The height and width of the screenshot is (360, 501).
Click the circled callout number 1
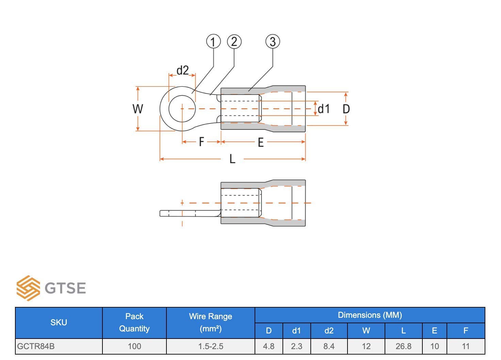pyautogui.click(x=213, y=42)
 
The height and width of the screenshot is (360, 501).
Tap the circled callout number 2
pyautogui.click(x=234, y=42)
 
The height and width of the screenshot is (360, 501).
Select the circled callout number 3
pyautogui.click(x=273, y=42)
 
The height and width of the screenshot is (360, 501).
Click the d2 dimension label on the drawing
pyautogui.click(x=182, y=70)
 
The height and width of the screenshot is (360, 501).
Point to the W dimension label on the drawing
pyautogui.click(x=138, y=109)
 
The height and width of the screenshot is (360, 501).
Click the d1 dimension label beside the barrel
pyautogui.click(x=324, y=109)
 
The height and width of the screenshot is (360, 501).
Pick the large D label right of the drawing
pyautogui.click(x=346, y=109)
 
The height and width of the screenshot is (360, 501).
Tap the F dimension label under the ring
pyautogui.click(x=201, y=142)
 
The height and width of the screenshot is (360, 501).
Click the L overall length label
pyautogui.click(x=232, y=159)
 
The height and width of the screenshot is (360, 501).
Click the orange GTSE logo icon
pyautogui.click(x=28, y=288)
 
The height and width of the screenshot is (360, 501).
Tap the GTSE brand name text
pyautogui.click(x=65, y=288)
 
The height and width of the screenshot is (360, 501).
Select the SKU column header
pyautogui.click(x=59, y=323)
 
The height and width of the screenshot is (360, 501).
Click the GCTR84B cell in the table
pyautogui.click(x=36, y=346)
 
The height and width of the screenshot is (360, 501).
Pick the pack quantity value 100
pyautogui.click(x=134, y=346)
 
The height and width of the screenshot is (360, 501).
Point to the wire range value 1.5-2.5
pyautogui.click(x=211, y=346)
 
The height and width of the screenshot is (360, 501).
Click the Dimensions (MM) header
pyautogui.click(x=370, y=315)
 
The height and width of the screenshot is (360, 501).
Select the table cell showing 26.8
pyautogui.click(x=403, y=346)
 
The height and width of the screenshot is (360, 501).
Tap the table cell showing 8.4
pyautogui.click(x=329, y=346)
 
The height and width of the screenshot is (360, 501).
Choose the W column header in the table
pyautogui.click(x=366, y=331)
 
